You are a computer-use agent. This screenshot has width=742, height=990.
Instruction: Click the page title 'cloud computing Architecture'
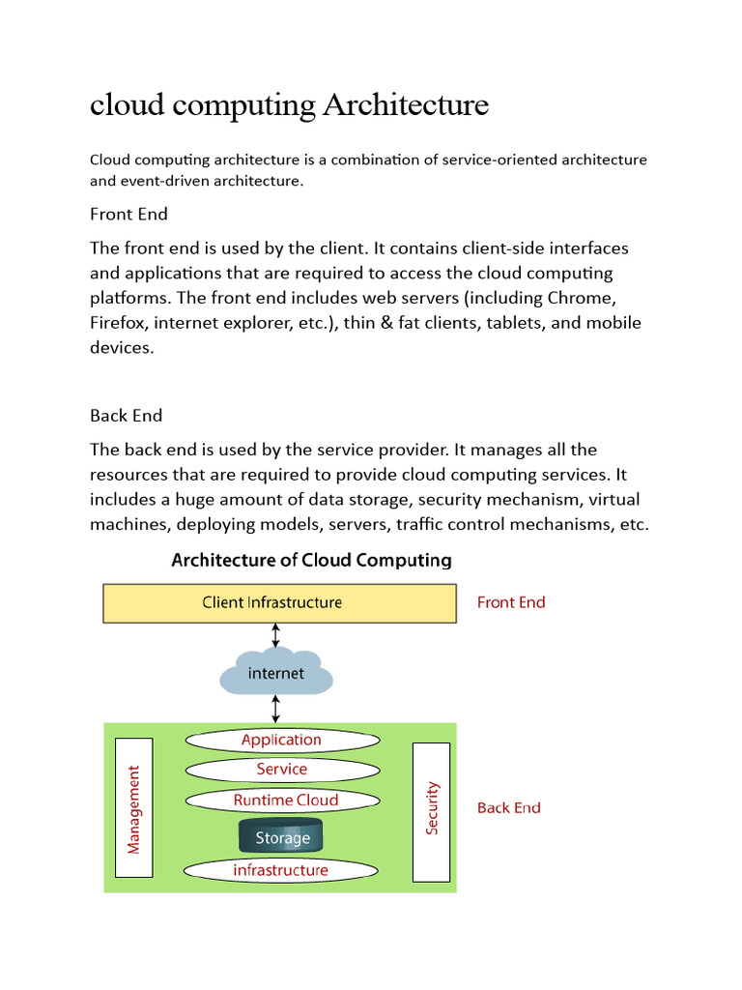click(289, 104)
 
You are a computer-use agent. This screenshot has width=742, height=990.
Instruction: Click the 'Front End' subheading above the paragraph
click(128, 214)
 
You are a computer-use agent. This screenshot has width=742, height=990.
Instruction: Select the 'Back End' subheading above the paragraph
click(127, 415)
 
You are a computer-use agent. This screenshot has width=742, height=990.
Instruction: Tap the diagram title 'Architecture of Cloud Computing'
click(311, 560)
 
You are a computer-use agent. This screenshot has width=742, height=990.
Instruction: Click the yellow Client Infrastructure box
click(279, 602)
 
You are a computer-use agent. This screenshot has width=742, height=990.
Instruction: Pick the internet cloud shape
click(276, 673)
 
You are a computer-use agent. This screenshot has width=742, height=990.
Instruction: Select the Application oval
click(281, 740)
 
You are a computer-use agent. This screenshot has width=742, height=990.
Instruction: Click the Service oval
click(281, 770)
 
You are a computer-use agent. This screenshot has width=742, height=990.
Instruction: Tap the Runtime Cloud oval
click(285, 801)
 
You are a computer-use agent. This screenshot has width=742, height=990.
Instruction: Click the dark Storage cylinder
click(281, 837)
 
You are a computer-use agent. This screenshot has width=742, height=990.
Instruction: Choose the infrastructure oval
click(281, 870)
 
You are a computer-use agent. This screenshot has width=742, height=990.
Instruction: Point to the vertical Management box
click(133, 810)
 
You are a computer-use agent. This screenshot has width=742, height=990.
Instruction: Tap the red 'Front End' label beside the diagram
click(511, 602)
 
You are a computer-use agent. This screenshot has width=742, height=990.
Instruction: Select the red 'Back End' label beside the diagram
click(509, 808)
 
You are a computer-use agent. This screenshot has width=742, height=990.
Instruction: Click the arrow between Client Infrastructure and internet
click(276, 635)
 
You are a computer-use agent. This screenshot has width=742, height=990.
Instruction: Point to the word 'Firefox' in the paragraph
click(118, 323)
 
